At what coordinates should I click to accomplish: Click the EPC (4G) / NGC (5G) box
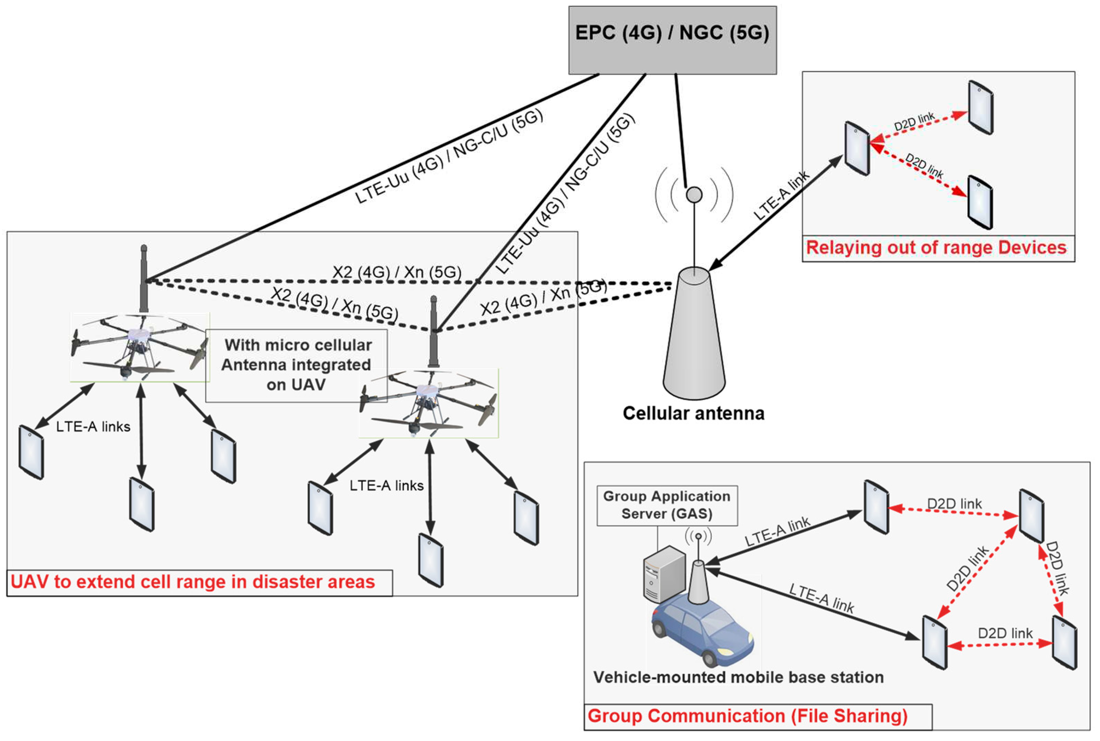coord(672,40)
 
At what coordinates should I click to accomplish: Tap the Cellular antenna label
coord(693,413)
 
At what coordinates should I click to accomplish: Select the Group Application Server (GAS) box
coord(667,505)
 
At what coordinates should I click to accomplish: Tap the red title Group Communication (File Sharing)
coord(747,715)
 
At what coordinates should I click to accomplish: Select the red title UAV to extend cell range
coord(193,582)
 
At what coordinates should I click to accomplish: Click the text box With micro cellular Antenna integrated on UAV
coord(297,365)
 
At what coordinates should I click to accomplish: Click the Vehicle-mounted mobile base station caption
coord(738,677)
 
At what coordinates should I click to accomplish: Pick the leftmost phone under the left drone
coord(31,452)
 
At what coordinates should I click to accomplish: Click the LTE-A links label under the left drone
coord(93,426)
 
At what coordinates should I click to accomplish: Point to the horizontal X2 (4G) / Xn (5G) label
coord(397,272)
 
